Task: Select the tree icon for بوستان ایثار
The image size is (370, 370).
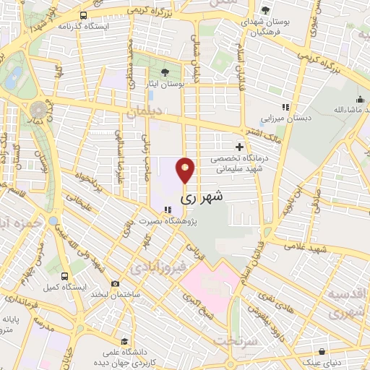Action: pos(165,72)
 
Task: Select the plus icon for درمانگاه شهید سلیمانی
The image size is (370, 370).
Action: pos(239,147)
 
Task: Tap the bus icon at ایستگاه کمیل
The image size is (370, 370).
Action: pos(65,275)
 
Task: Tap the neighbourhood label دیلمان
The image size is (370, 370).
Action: pos(144,113)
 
